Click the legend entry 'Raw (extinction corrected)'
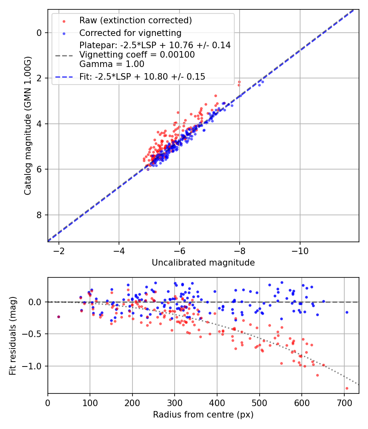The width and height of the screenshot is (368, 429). click(135, 20)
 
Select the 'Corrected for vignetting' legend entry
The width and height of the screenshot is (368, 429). click(130, 33)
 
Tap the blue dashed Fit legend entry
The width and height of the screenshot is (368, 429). click(142, 76)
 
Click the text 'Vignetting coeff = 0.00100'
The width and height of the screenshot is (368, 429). click(137, 54)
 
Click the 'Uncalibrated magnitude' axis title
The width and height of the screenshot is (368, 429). click(203, 263)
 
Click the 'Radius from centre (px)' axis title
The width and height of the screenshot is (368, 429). click(203, 415)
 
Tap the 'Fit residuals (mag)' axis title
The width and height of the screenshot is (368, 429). click(13, 335)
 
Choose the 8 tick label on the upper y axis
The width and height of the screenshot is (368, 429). click(39, 215)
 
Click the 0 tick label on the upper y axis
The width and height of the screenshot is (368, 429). click(39, 33)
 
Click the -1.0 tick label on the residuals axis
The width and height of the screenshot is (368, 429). click(34, 366)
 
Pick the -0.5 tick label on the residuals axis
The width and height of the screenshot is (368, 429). click(34, 334)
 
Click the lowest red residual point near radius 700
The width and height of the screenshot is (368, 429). click(347, 388)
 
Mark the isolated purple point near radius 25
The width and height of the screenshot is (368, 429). click(58, 317)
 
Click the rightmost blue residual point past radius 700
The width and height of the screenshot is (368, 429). click(347, 312)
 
